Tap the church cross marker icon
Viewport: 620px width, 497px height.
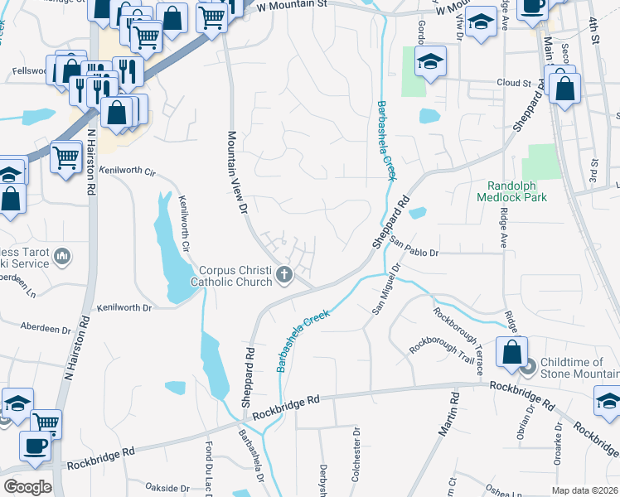click(x=284, y=275)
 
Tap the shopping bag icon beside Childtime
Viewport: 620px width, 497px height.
click(x=512, y=352)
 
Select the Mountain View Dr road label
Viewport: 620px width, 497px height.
click(x=238, y=173)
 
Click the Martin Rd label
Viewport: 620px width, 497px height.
click(x=450, y=417)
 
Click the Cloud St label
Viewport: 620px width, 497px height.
click(x=513, y=84)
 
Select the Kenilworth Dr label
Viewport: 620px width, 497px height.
click(x=125, y=307)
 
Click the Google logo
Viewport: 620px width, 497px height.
click(x=27, y=487)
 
